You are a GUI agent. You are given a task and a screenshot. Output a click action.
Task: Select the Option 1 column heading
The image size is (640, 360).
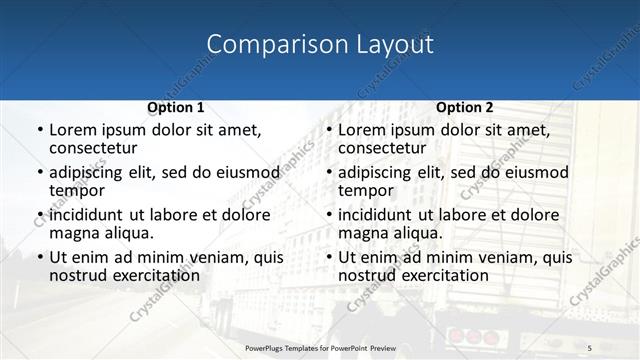[x=176, y=108]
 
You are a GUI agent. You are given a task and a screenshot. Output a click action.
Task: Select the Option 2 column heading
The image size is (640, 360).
[x=465, y=108]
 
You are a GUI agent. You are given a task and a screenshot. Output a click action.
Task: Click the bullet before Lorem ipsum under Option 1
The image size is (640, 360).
[x=39, y=131]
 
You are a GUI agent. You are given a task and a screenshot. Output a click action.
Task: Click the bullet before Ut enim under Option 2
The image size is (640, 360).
[x=328, y=258]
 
